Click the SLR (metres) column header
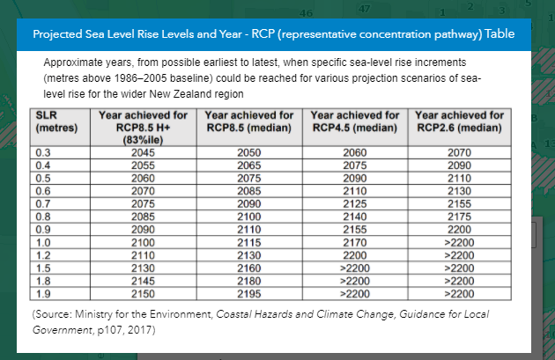coord(56,121)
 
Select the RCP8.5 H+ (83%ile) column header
coord(143,128)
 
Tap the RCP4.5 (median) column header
coord(355,121)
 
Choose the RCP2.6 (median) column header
coord(460,121)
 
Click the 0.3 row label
coord(43,153)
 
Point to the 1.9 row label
coord(43,294)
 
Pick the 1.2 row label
coord(43,255)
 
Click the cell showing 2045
coord(143,153)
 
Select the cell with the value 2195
coord(249,294)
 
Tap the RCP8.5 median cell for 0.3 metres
coord(249,153)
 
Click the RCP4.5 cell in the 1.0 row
coord(355,243)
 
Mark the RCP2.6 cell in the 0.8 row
coord(460,217)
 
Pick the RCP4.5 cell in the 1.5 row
coord(355,268)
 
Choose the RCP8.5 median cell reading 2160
coord(249,268)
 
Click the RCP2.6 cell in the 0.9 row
coord(460,230)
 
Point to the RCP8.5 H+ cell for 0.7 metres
coord(143,204)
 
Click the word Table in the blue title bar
coord(499,34)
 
